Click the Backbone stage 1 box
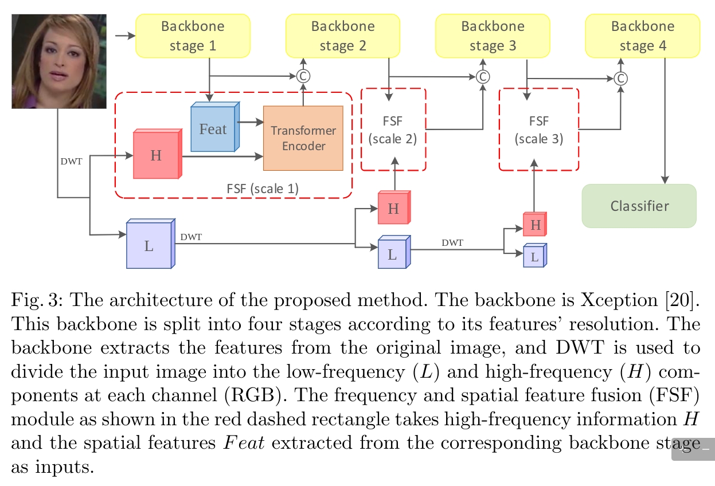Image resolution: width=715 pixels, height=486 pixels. (193, 36)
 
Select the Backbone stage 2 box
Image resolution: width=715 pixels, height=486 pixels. (343, 36)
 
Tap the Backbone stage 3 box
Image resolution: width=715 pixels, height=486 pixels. (493, 36)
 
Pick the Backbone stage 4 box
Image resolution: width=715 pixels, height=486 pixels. (642, 36)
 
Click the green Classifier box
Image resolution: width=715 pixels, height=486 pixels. (639, 206)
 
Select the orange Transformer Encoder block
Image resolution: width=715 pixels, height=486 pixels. (303, 138)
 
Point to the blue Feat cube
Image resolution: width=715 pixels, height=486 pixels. (213, 129)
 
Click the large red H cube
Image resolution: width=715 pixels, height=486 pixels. (157, 155)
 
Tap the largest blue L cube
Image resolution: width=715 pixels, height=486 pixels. (149, 245)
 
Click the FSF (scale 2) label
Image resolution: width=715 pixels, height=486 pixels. (393, 130)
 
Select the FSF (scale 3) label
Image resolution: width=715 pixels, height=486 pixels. (539, 130)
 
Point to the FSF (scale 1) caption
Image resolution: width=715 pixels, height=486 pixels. (263, 189)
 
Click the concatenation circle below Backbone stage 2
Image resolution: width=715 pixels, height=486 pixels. (303, 76)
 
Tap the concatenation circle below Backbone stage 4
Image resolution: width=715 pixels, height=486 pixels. (620, 78)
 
